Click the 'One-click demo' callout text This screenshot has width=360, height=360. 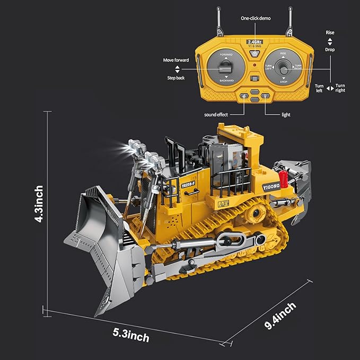coord(256,18)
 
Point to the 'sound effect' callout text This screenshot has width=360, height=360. coord(217,115)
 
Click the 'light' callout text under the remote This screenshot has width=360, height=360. coord(286,115)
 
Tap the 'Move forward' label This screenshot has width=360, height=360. coord(176,60)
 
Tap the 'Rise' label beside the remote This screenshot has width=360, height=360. coord(330,32)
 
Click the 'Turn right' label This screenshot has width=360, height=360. coord(340,87)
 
